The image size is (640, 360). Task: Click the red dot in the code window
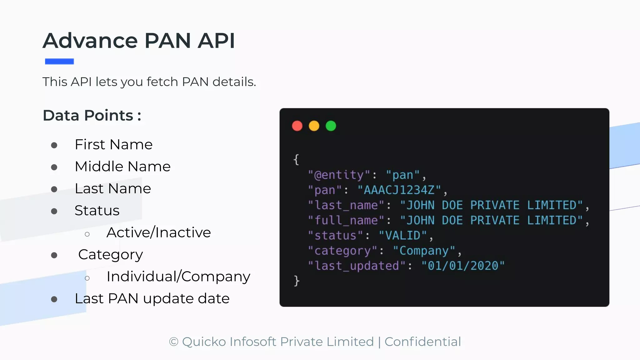pyautogui.click(x=297, y=126)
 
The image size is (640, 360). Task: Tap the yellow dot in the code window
pyautogui.click(x=314, y=126)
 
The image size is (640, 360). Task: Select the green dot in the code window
pyautogui.click(x=331, y=126)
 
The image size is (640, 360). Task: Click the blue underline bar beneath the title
pyautogui.click(x=59, y=62)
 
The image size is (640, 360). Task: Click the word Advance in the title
pyautogui.click(x=90, y=41)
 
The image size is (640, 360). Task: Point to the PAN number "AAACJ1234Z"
pyautogui.click(x=399, y=190)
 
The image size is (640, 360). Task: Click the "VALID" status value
pyautogui.click(x=403, y=236)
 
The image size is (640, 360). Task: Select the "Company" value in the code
pyautogui.click(x=424, y=251)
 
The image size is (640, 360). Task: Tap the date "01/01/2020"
pyautogui.click(x=463, y=266)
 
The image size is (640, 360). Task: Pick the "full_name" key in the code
pyautogui.click(x=346, y=221)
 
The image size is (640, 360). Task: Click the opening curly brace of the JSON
pyautogui.click(x=296, y=160)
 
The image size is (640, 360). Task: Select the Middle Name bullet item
pyautogui.click(x=122, y=167)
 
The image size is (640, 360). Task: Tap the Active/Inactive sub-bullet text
pyautogui.click(x=158, y=232)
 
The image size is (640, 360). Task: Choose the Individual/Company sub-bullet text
pyautogui.click(x=178, y=277)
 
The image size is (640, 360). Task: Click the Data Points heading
pyautogui.click(x=92, y=115)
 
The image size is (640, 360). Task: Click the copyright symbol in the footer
pyautogui.click(x=173, y=342)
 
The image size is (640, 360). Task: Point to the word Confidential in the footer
pyautogui.click(x=422, y=342)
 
